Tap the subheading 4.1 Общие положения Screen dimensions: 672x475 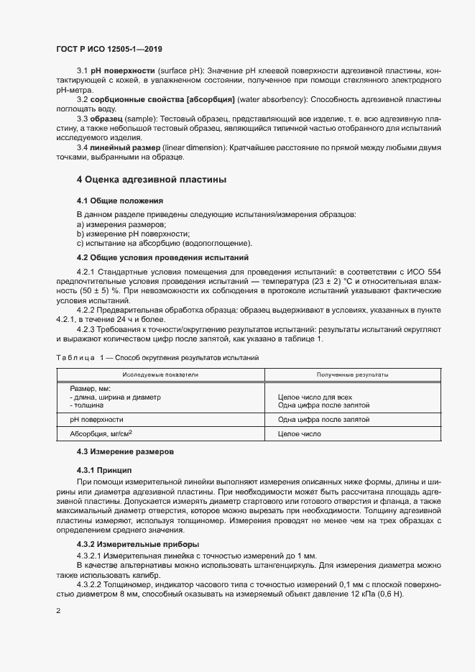click(x=119, y=200)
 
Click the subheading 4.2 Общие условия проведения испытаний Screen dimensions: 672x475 click(x=162, y=257)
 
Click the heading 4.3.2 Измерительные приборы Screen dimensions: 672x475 click(x=138, y=544)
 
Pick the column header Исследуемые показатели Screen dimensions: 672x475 click(x=160, y=374)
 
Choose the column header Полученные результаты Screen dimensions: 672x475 click(x=353, y=374)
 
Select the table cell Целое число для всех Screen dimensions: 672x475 click(x=315, y=397)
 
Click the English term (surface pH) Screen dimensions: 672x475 click(x=180, y=70)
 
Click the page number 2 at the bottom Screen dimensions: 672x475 click(x=58, y=611)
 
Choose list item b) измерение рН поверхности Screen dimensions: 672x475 click(x=133, y=234)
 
